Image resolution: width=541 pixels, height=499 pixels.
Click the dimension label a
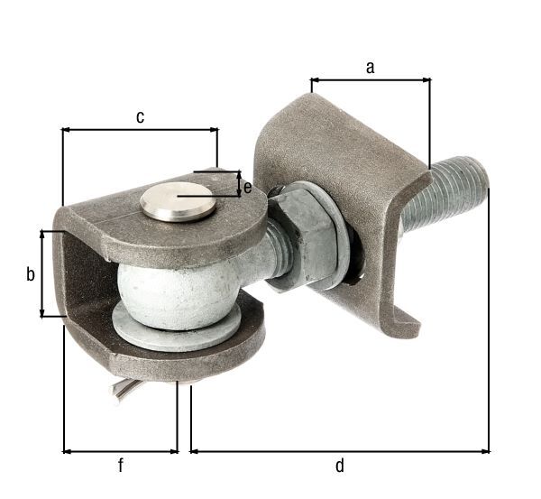370,67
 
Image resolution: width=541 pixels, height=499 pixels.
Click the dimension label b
30,273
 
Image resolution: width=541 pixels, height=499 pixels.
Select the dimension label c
140,116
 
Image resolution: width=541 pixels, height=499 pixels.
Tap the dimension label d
339,466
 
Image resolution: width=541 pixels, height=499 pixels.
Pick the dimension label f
120,466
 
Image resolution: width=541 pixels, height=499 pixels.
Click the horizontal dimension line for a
370,80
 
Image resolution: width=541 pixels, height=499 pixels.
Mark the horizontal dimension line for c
140,130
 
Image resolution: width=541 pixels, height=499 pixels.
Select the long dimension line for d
339,449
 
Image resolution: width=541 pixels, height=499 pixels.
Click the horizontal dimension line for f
120,449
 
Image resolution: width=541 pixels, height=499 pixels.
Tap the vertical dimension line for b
41,273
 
